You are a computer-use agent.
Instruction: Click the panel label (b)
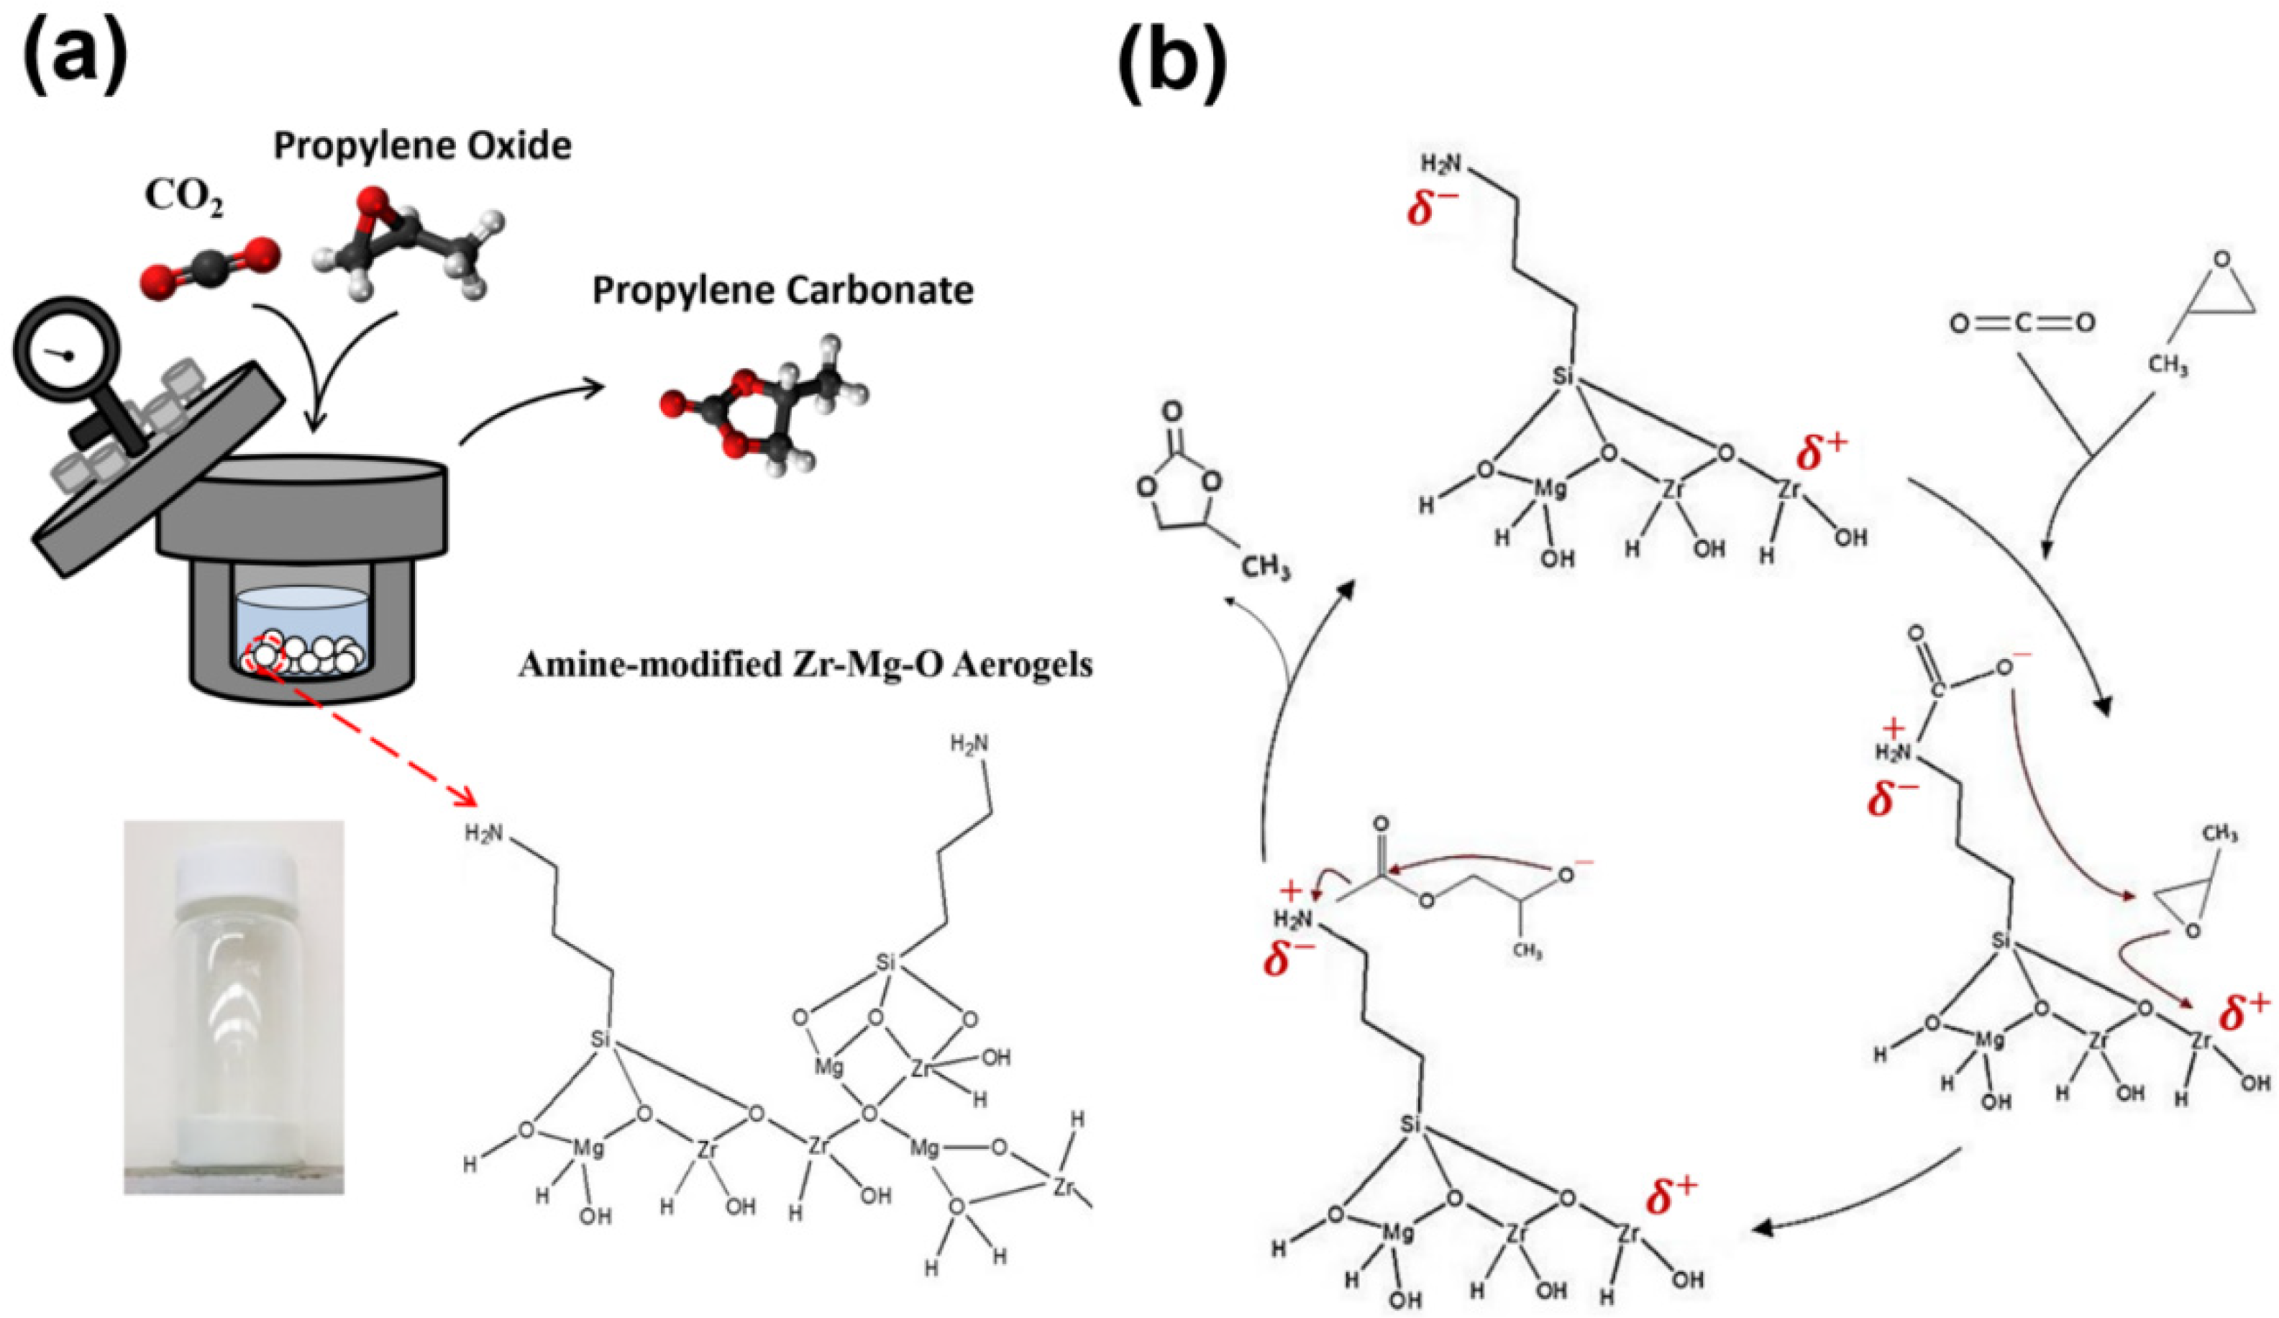[x=1173, y=56]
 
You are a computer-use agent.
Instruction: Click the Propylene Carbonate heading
[x=783, y=291]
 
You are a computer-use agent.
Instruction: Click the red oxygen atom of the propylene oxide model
[x=369, y=204]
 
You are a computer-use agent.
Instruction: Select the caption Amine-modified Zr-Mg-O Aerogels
[x=805, y=665]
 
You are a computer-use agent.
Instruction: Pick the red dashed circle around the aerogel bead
[x=265, y=653]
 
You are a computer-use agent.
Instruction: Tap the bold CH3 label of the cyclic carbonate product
[x=1264, y=568]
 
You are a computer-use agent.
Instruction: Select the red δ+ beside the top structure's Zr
[x=1822, y=453]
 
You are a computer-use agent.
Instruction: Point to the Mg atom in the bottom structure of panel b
[x=1399, y=1233]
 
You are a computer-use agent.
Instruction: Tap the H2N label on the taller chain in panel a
[x=969, y=744]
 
